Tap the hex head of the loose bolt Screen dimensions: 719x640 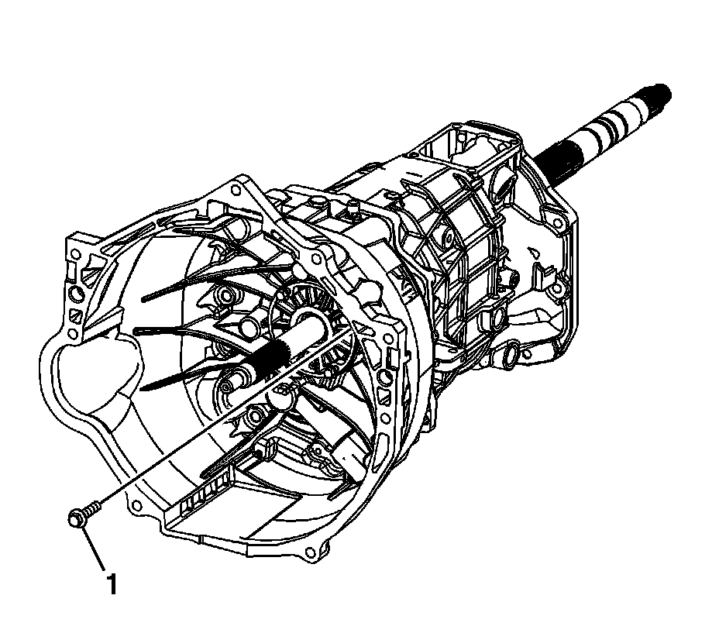(x=76, y=518)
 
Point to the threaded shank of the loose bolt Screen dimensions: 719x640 (x=93, y=508)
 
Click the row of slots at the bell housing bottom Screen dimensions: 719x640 (x=205, y=498)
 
